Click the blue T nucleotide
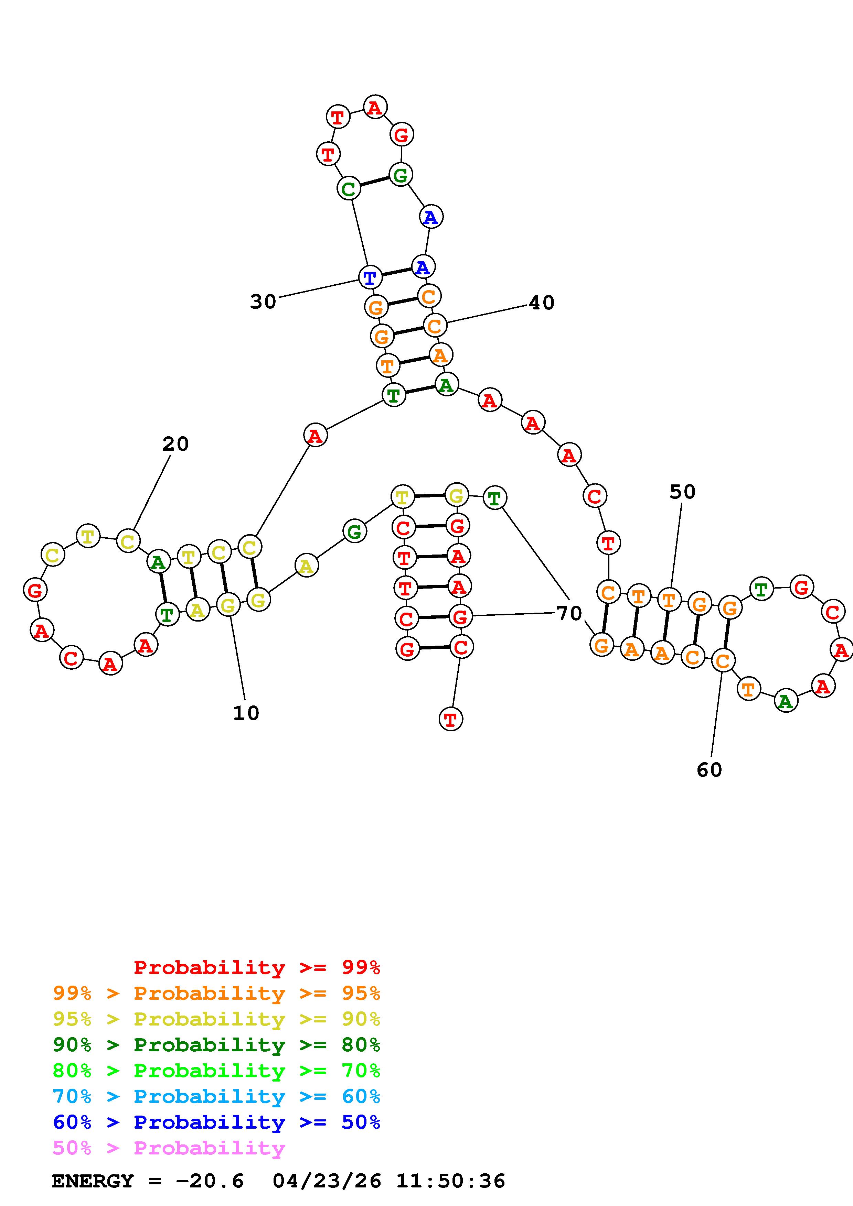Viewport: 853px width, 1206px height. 370,277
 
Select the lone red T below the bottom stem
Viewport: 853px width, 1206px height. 450,719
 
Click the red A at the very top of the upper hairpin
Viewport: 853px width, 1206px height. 375,108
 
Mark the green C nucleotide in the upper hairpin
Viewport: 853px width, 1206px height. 349,189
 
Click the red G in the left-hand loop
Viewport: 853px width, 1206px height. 35,590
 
